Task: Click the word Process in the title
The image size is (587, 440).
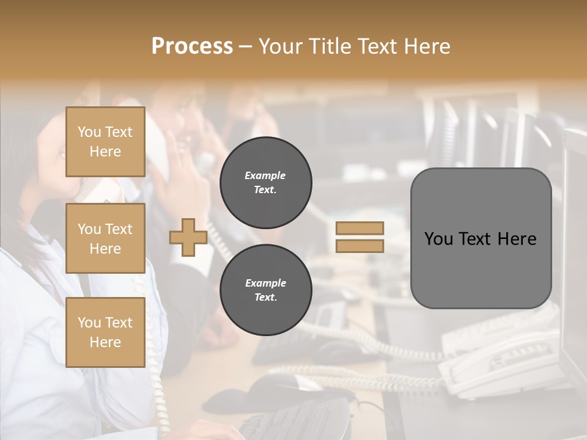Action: tap(192, 46)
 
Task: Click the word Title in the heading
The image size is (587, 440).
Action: tap(330, 46)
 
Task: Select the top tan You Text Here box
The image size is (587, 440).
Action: tap(105, 142)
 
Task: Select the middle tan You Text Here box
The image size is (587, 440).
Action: tap(105, 238)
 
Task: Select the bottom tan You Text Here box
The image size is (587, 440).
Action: tap(105, 332)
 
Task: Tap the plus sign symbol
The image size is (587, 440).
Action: tap(188, 238)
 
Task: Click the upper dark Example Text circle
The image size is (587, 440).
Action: tap(266, 183)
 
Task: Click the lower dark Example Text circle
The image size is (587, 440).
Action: tap(266, 290)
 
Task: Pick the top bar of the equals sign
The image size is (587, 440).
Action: tap(360, 228)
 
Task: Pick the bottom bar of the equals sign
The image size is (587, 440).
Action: tap(360, 246)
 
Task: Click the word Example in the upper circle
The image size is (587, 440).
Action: tap(265, 175)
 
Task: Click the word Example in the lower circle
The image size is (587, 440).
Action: tap(265, 283)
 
